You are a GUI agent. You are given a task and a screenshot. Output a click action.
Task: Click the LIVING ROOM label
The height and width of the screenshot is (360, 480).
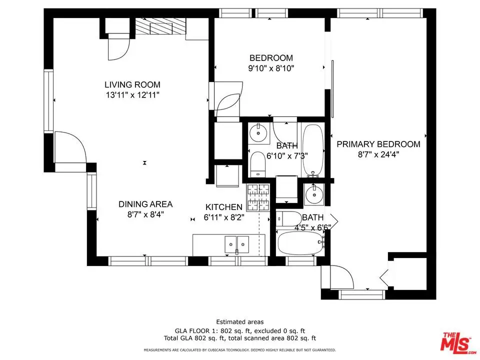(132, 84)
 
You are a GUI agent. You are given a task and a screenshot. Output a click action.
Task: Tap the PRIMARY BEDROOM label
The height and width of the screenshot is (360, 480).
(378, 144)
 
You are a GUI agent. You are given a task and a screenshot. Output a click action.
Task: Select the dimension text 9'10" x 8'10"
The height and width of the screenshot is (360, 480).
(271, 68)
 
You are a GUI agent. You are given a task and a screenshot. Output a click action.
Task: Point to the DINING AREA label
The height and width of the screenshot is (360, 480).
(145, 204)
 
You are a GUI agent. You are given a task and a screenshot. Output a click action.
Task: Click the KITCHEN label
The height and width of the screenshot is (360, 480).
(224, 207)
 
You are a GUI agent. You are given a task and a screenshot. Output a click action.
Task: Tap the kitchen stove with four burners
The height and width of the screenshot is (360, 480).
(258, 197)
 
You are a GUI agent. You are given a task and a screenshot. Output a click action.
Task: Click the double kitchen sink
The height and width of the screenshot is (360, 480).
(236, 244)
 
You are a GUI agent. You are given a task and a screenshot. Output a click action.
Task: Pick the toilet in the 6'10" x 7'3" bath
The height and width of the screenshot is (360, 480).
(257, 164)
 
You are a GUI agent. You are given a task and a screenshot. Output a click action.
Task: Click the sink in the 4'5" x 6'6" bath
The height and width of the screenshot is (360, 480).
(314, 194)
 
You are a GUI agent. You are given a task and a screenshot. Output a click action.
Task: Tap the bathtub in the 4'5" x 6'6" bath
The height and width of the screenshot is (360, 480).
(300, 243)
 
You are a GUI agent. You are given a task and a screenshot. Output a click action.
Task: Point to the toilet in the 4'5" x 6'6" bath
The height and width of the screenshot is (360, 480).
(288, 218)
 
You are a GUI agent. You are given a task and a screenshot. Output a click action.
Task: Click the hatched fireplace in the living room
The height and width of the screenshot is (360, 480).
(160, 26)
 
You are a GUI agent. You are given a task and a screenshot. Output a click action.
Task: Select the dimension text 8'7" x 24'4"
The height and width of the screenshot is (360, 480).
(378, 154)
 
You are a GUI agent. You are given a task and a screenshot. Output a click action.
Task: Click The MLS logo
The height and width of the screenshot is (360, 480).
(457, 342)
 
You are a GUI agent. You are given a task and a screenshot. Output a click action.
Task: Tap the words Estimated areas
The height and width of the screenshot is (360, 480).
(239, 321)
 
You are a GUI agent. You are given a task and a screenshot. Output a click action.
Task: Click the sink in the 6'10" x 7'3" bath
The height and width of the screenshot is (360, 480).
(258, 133)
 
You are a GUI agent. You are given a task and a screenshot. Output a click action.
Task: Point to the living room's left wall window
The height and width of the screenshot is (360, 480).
(48, 101)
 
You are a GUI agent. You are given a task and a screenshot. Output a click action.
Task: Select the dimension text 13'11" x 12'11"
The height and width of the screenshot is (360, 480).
(132, 95)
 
